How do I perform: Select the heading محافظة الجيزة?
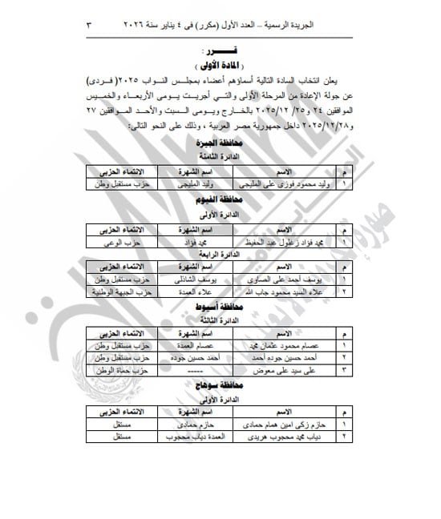(215, 143)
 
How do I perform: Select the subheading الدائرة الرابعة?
(215, 255)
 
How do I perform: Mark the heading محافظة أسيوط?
(215, 308)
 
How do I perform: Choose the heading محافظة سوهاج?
(215, 385)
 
